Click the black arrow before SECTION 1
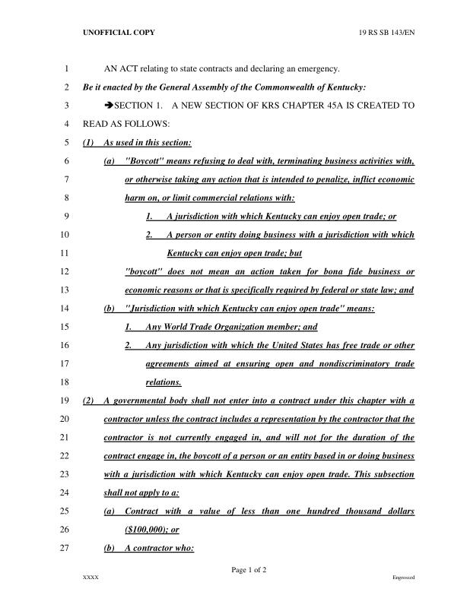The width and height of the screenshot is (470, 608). coord(109,106)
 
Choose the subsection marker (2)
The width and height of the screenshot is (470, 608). coord(87,400)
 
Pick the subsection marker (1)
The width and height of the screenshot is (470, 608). coord(87,143)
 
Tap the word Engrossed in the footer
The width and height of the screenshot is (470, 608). coord(403,578)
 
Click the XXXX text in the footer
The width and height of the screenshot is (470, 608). coord(91,578)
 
